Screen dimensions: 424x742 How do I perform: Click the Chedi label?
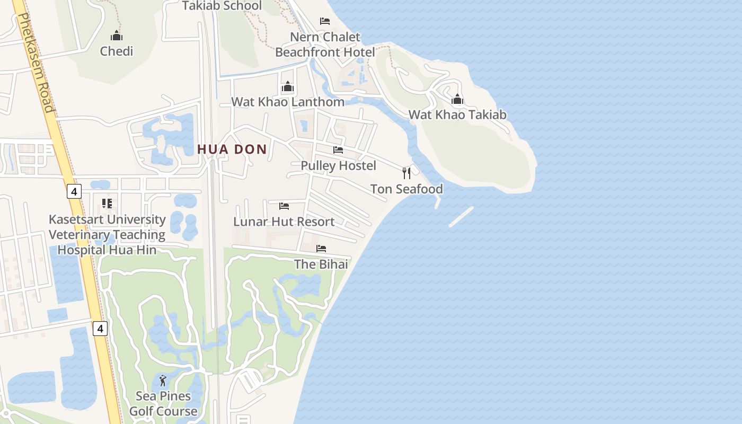point(116,51)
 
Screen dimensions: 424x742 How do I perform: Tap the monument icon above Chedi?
point(116,36)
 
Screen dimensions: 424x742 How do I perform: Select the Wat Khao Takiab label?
point(457,114)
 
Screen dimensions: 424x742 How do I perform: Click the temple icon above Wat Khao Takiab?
point(457,99)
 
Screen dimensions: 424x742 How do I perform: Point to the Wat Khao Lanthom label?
point(288,102)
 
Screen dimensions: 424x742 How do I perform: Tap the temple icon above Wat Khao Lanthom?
point(288,86)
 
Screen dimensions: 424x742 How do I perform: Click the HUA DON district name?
point(232,149)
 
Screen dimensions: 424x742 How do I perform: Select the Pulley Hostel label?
point(338,165)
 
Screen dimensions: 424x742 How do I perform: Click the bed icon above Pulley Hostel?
point(338,150)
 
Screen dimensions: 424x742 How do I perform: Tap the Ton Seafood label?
point(407,189)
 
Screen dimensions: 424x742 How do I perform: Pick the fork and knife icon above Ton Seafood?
point(407,173)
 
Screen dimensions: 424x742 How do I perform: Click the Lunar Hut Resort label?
point(284,222)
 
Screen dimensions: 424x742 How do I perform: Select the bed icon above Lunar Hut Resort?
point(284,206)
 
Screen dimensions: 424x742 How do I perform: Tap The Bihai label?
point(321,264)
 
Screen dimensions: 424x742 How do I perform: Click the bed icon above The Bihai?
point(321,248)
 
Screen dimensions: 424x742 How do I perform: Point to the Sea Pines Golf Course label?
point(163,403)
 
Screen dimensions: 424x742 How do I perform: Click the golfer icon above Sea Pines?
point(163,381)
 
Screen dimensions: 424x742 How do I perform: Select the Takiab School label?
point(222,6)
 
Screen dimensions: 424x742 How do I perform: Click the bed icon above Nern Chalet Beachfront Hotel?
point(325,21)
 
